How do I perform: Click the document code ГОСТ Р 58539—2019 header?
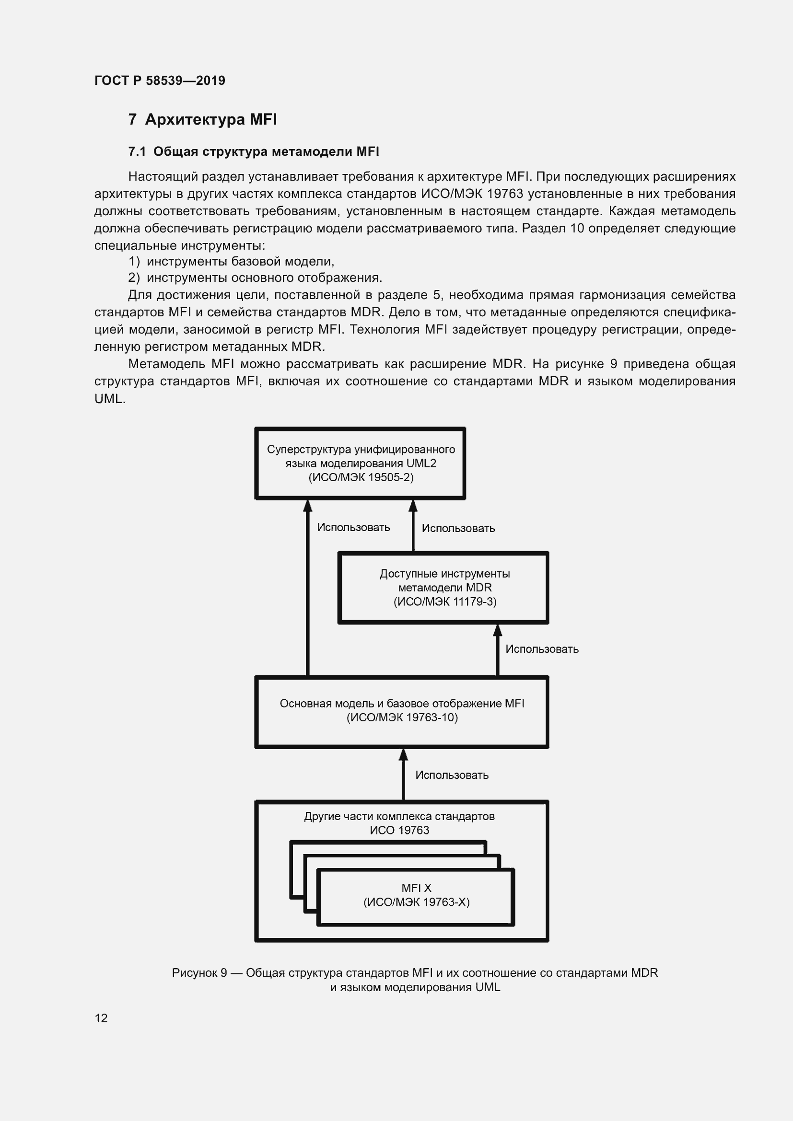(160, 81)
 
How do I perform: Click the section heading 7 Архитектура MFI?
(202, 119)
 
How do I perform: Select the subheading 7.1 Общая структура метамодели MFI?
(254, 152)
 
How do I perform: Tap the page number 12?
(101, 1018)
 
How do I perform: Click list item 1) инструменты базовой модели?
(231, 261)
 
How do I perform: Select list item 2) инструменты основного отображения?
(255, 278)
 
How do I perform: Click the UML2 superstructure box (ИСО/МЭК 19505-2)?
(361, 463)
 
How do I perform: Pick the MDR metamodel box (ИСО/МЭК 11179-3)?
(444, 588)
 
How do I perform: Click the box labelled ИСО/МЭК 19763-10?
(401, 712)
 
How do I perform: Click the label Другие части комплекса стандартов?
(399, 816)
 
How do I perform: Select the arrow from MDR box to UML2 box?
(413, 526)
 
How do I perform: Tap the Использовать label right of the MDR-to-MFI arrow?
(541, 649)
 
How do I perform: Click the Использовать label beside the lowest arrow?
(452, 775)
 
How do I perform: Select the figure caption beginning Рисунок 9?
(415, 980)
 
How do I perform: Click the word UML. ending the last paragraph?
(110, 399)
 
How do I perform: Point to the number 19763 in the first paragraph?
(505, 194)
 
